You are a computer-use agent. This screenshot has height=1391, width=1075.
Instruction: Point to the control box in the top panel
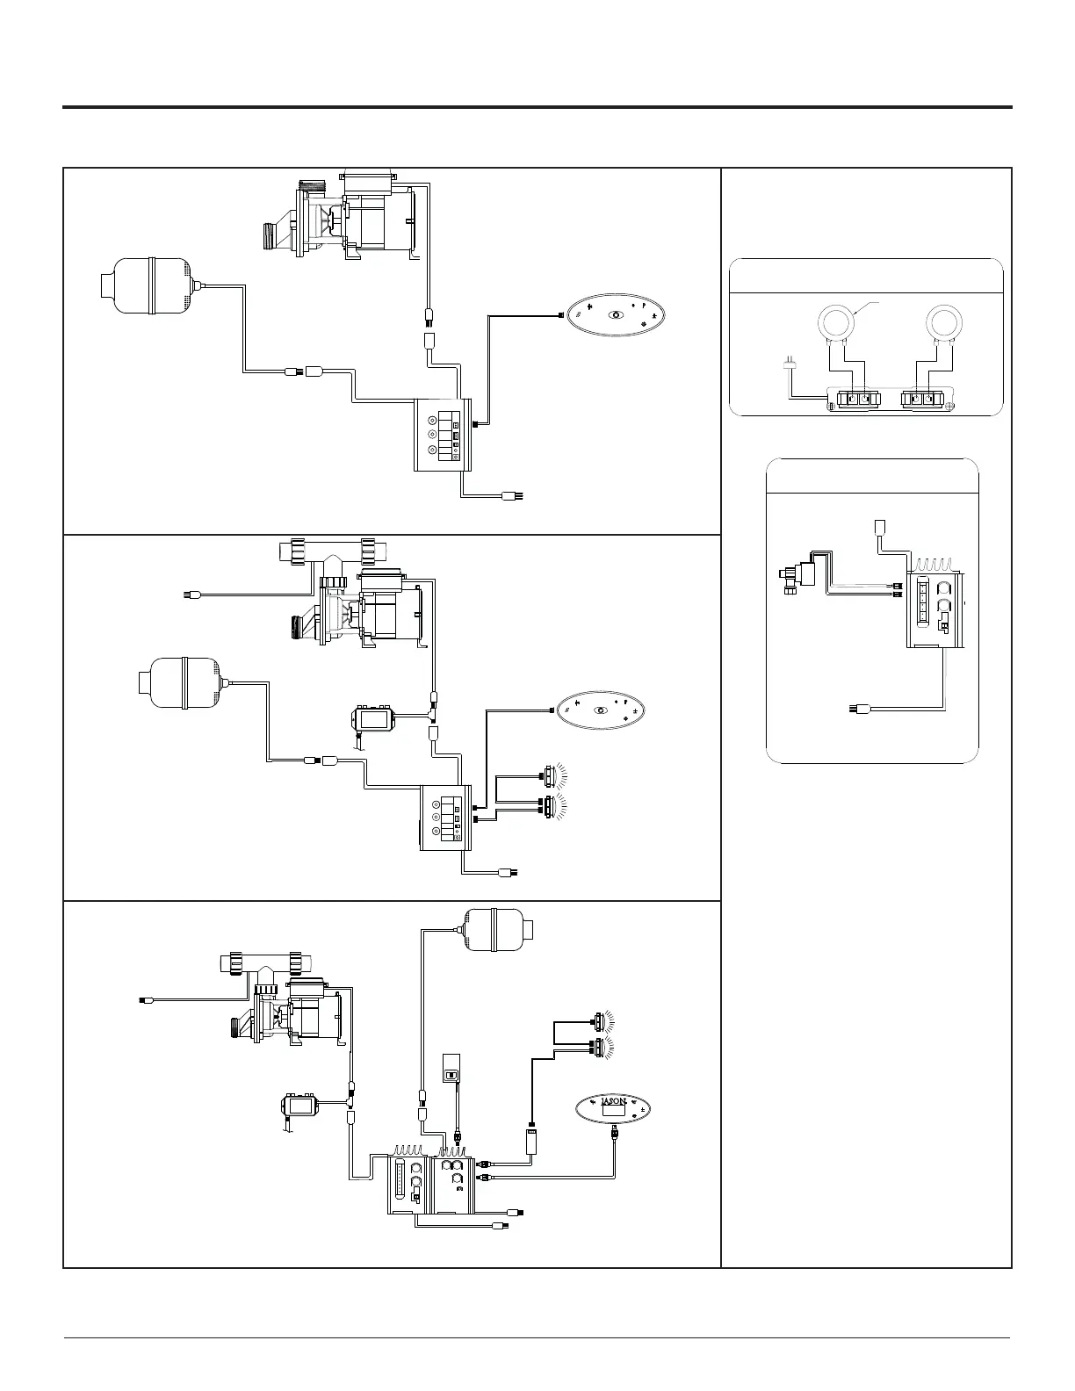pyautogui.click(x=443, y=435)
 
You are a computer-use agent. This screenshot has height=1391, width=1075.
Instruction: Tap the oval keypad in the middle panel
pyautogui.click(x=602, y=710)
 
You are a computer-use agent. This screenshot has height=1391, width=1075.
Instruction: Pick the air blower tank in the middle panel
pyautogui.click(x=182, y=682)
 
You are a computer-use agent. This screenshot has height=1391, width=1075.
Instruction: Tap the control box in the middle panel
pyautogui.click(x=447, y=818)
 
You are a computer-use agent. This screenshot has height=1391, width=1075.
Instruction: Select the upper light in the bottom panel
pyautogui.click(x=600, y=1020)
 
